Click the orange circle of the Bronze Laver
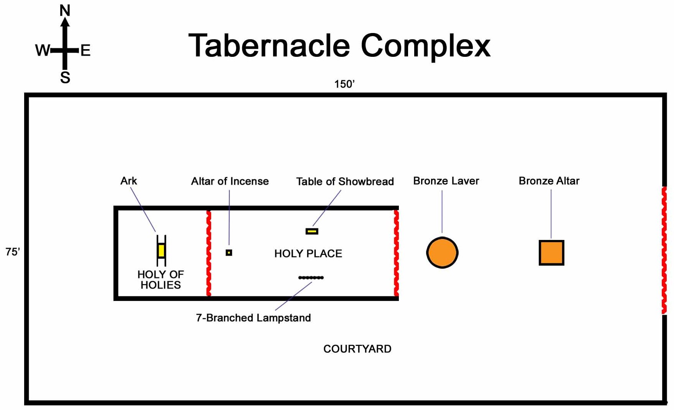click(x=442, y=253)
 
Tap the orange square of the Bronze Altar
click(x=551, y=253)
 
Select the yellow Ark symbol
click(x=161, y=251)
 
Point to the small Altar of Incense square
click(x=229, y=253)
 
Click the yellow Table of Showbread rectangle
click(x=312, y=231)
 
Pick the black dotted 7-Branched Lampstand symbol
click(x=311, y=278)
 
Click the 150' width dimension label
click(x=344, y=84)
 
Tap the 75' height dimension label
click(x=13, y=252)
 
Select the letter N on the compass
click(x=65, y=10)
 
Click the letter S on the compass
click(x=65, y=78)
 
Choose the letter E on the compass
click(x=85, y=50)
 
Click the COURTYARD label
click(x=357, y=349)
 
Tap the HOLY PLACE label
click(x=308, y=253)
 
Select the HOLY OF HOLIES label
click(x=161, y=279)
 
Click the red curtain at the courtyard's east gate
click(x=664, y=250)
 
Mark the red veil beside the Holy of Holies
click(x=209, y=253)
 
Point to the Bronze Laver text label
click(x=446, y=181)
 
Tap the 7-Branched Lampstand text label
click(x=253, y=318)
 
